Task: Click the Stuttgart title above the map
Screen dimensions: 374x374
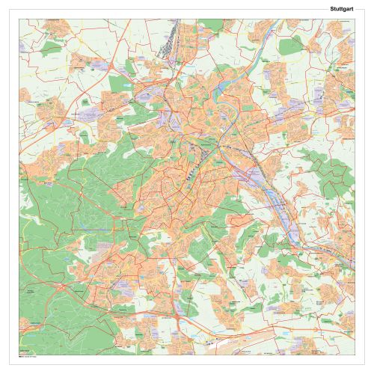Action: (x=341, y=9)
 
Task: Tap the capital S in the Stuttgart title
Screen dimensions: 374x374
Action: (x=331, y=9)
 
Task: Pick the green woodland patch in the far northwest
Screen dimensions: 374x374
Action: (x=51, y=49)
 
